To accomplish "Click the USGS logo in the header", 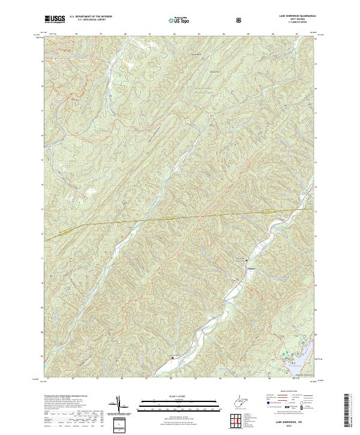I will tap(55, 19).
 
